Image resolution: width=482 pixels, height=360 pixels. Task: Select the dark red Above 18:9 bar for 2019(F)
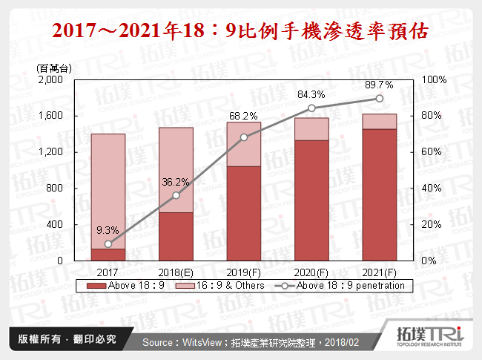pos(243,213)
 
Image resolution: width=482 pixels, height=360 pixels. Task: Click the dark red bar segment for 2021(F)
pos(379,194)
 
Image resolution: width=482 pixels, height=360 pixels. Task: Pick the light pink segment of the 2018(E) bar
pos(176,170)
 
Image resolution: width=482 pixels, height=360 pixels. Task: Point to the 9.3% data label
pos(108,230)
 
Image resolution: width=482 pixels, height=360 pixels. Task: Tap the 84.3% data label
pos(311,94)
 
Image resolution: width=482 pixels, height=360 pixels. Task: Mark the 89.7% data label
pos(379,85)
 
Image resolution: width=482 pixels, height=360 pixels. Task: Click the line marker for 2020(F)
pos(311,108)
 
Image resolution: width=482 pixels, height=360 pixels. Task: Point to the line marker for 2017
pos(108,243)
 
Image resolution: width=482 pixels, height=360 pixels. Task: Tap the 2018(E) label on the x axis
pos(176,272)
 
